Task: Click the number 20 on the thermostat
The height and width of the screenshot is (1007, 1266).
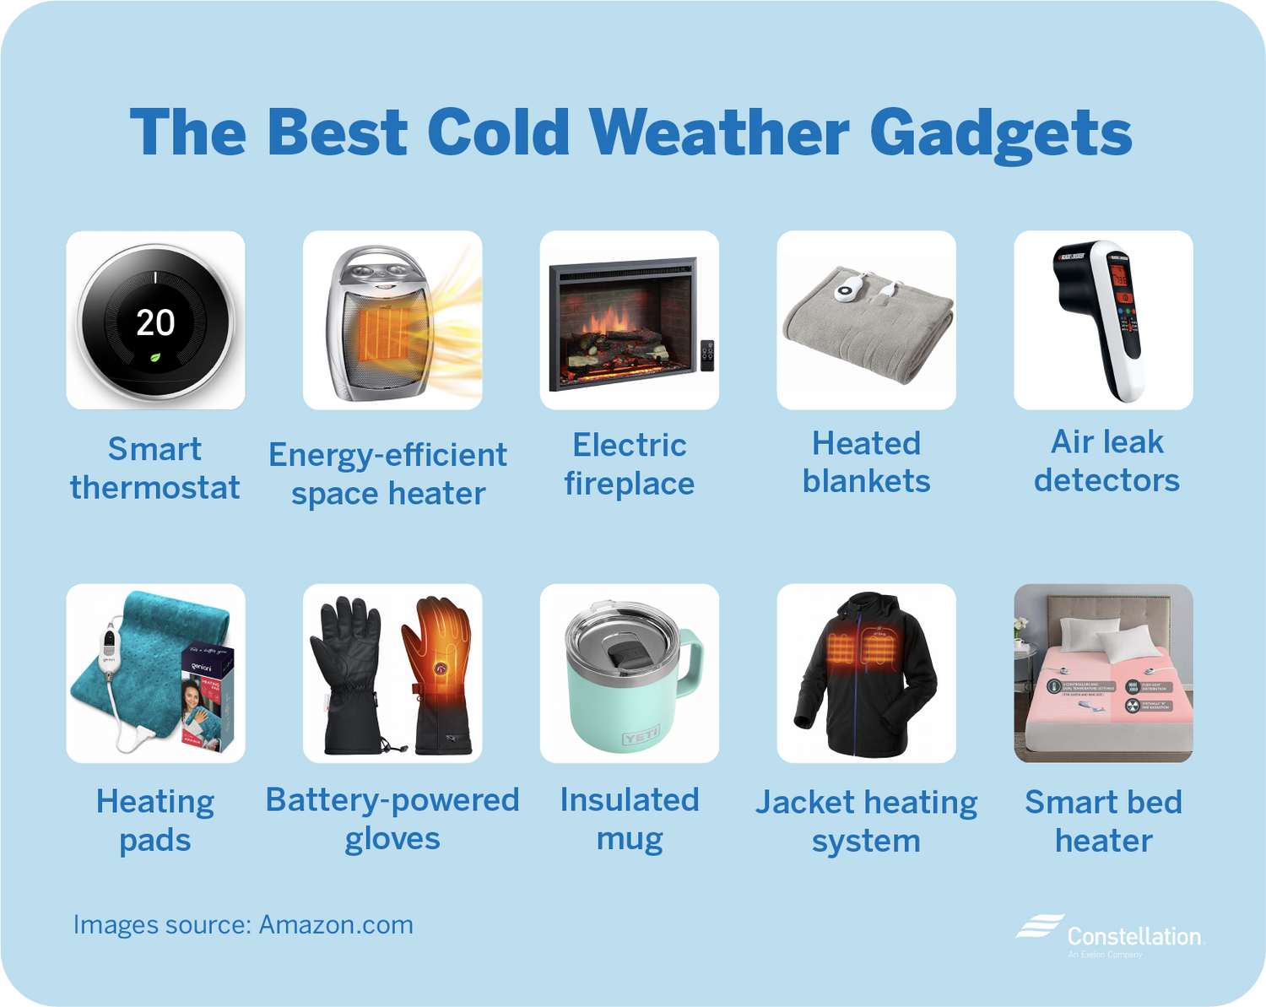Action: click(155, 322)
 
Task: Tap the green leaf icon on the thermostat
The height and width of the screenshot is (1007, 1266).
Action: click(155, 358)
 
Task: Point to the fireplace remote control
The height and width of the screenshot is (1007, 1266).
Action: click(707, 355)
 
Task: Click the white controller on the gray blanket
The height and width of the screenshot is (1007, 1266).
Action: click(849, 290)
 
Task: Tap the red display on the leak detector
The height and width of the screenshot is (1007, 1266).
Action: click(1120, 276)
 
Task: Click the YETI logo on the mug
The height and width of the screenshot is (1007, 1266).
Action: click(641, 739)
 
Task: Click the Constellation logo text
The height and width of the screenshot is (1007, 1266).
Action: click(1133, 936)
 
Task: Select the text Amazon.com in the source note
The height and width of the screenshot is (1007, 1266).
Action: click(335, 925)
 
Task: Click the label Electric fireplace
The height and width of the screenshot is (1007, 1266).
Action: click(630, 464)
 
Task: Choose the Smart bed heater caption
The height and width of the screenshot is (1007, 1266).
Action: click(1103, 820)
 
